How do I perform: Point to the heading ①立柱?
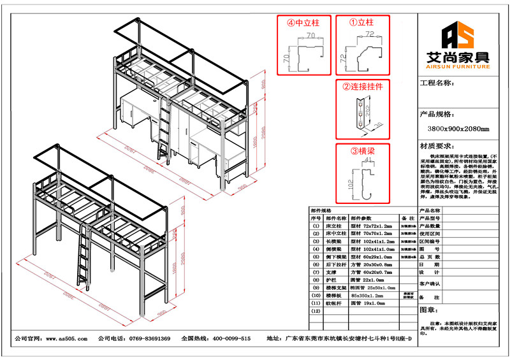point(361,22)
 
